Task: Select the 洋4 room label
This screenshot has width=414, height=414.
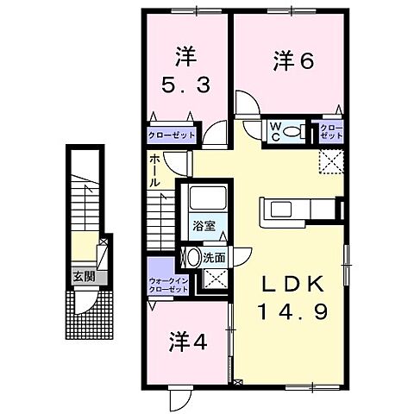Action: click(x=187, y=342)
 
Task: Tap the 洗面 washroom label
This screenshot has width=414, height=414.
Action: click(x=216, y=256)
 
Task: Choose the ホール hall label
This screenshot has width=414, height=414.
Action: click(x=154, y=172)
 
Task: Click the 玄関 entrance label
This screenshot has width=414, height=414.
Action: click(x=83, y=277)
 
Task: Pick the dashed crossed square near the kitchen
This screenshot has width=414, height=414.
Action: click(x=330, y=160)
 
